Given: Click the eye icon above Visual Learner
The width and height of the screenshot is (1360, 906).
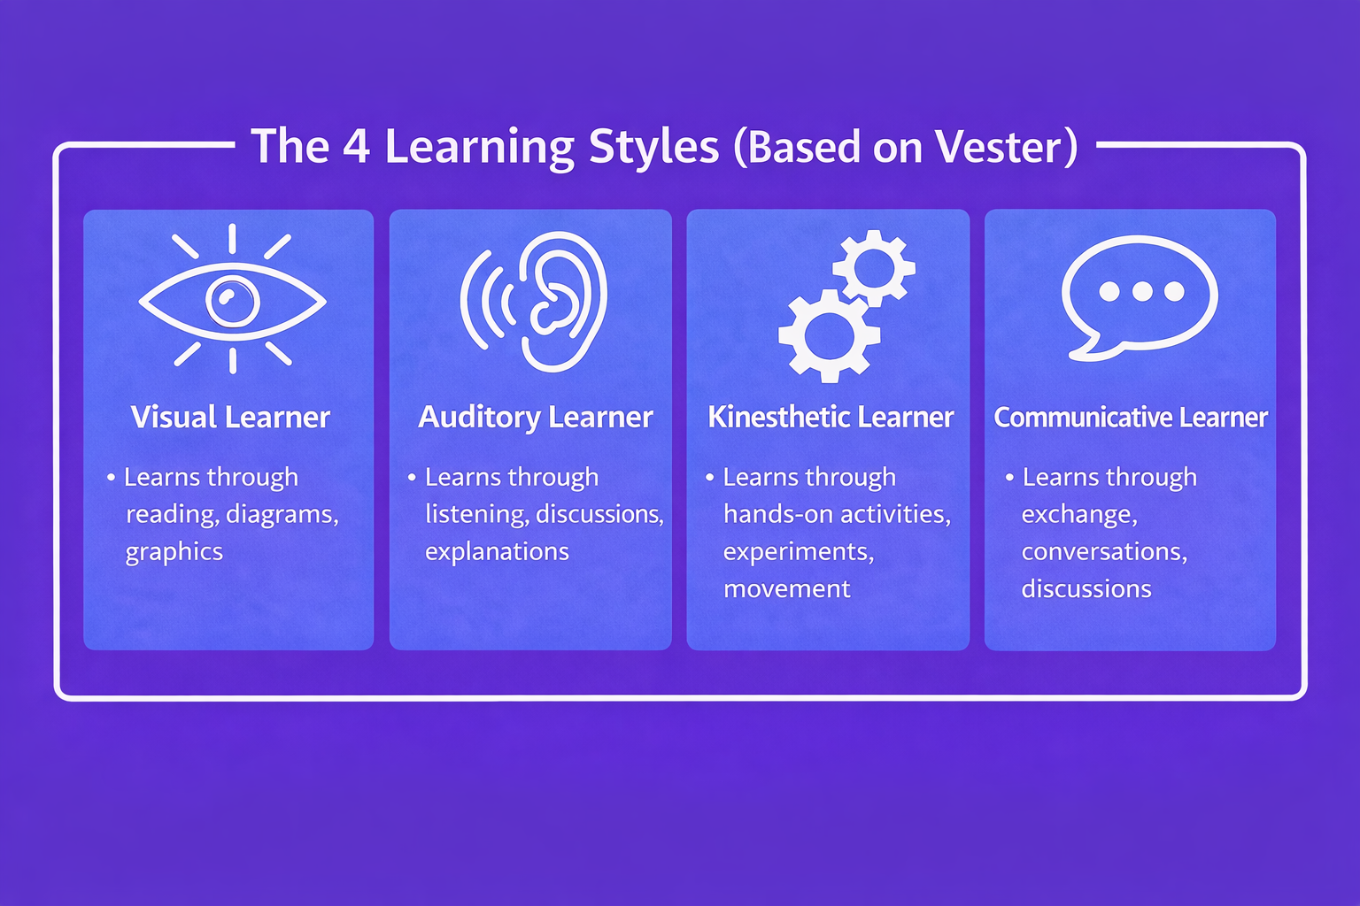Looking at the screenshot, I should (x=232, y=301).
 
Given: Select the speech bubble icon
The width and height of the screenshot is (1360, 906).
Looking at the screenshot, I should (x=1140, y=296).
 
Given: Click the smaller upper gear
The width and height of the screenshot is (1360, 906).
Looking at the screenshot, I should (x=873, y=267).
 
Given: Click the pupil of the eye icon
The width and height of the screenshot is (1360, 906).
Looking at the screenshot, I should (x=232, y=301).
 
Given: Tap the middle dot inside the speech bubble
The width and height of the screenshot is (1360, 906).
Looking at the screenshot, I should (x=1141, y=291).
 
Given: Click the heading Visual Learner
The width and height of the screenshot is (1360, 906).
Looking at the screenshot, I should (x=230, y=417).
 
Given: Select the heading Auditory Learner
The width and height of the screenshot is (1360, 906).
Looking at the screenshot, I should (x=535, y=417).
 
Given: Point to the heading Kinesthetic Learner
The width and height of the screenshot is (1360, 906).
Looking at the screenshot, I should (x=831, y=417).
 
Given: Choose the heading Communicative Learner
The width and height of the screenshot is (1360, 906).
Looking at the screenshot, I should (x=1131, y=417).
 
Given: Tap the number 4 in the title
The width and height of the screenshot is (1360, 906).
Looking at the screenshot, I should (x=356, y=146).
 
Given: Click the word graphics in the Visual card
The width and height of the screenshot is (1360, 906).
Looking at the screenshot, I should (x=174, y=552).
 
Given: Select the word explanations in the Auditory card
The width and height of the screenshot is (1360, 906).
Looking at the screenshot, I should (x=497, y=552).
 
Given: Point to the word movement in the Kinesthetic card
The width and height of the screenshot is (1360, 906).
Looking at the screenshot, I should (x=786, y=589).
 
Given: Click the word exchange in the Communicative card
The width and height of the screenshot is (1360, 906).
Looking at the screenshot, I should (x=1078, y=515).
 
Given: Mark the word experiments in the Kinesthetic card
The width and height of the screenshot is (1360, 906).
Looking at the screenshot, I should (x=798, y=552).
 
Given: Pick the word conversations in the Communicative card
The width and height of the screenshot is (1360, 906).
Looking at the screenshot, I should (x=1103, y=552).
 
